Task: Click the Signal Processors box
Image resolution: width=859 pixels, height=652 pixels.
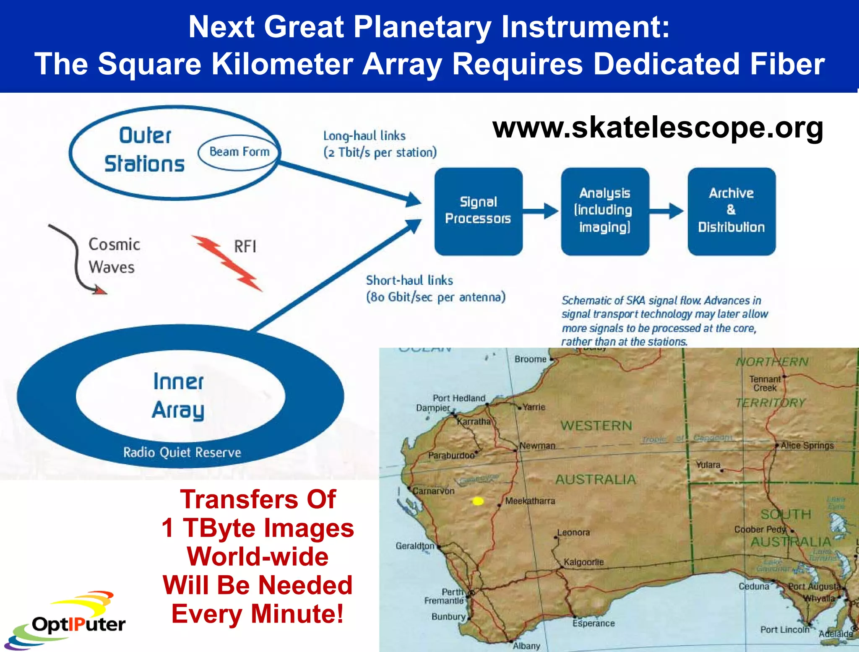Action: pos(478,211)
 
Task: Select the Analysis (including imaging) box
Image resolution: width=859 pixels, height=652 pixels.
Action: pos(605,211)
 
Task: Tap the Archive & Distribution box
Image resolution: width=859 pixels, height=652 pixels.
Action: pos(731,211)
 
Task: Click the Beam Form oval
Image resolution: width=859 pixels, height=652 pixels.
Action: pos(239,152)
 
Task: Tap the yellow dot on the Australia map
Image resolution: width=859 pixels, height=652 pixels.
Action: pos(478,501)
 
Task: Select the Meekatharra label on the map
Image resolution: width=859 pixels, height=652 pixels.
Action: pos(530,501)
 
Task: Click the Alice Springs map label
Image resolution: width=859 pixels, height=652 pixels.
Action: pos(807,446)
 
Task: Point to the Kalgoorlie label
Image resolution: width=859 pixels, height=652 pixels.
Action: pos(583,562)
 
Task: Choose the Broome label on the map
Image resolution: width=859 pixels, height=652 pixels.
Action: pos(530,359)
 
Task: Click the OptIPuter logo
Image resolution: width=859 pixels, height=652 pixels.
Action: pos(67,623)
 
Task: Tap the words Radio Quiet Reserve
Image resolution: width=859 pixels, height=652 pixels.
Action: pos(182,452)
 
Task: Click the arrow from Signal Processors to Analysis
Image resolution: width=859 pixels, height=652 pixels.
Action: pos(541,211)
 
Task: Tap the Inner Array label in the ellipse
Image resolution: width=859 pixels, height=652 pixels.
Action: pos(178,395)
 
